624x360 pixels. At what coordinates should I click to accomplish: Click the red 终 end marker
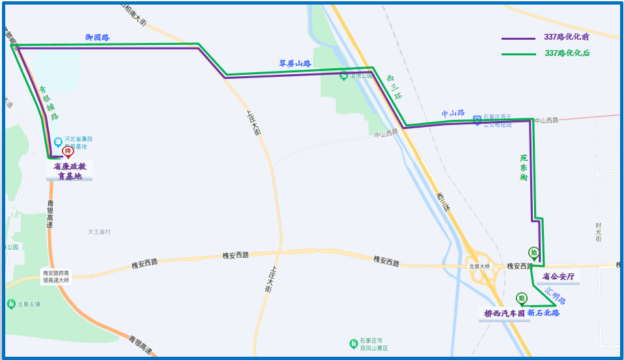pyautogui.click(x=67, y=152)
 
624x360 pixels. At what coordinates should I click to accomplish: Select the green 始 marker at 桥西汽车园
pyautogui.click(x=521, y=299)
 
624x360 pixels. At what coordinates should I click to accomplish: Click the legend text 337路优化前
pyautogui.click(x=567, y=38)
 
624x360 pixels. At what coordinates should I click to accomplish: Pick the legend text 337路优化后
pyautogui.click(x=567, y=53)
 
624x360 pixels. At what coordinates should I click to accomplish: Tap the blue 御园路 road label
pyautogui.click(x=97, y=38)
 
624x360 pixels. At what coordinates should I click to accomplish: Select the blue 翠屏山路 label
pyautogui.click(x=294, y=64)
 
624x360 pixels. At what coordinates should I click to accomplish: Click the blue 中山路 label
pyautogui.click(x=453, y=113)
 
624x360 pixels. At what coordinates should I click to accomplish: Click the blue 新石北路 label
pyautogui.click(x=544, y=313)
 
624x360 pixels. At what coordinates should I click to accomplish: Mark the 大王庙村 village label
pyautogui.click(x=100, y=232)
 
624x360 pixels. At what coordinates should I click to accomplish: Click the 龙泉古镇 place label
pyautogui.click(x=24, y=304)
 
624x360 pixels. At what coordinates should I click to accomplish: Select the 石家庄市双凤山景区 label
pyautogui.click(x=373, y=344)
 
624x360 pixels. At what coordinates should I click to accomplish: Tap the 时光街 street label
pyautogui.click(x=598, y=232)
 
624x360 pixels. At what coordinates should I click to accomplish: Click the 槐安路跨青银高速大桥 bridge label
pyautogui.click(x=56, y=277)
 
